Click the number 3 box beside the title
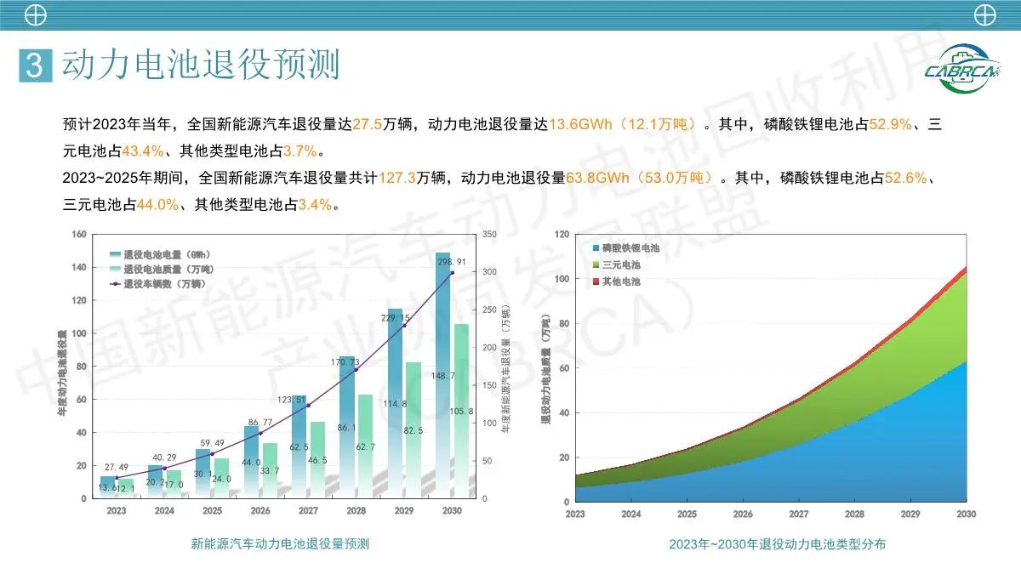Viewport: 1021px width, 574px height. (x=35, y=65)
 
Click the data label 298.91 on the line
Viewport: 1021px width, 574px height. (x=451, y=262)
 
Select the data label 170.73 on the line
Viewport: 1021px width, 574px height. (x=355, y=361)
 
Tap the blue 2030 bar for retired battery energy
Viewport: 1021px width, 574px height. (x=443, y=374)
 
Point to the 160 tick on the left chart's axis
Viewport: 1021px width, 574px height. (x=79, y=234)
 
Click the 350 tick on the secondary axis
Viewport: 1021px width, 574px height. (x=488, y=234)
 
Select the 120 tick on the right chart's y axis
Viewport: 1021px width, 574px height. (x=562, y=234)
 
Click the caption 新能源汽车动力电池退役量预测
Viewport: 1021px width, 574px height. (x=280, y=544)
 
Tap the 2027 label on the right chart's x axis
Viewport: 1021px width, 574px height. (x=799, y=514)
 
